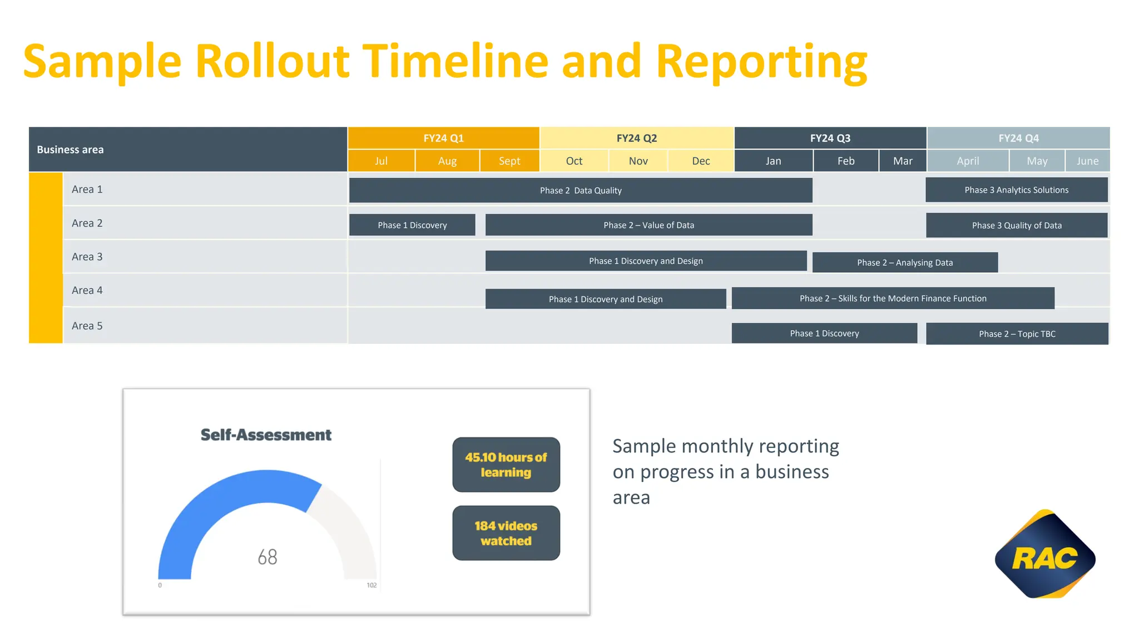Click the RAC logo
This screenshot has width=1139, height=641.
click(x=1044, y=555)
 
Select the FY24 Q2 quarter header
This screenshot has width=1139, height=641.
click(x=636, y=138)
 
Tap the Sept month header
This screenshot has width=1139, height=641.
click(x=509, y=161)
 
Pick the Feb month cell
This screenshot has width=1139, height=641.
click(x=845, y=161)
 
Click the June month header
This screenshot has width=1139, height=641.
click(x=1087, y=161)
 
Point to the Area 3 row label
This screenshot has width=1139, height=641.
click(x=87, y=257)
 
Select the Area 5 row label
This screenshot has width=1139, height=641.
click(x=87, y=326)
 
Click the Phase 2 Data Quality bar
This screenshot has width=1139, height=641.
click(x=580, y=190)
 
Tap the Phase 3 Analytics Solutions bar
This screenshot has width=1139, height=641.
click(x=1016, y=190)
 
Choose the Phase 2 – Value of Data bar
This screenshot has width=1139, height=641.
click(x=648, y=225)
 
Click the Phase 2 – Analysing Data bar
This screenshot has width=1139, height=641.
click(x=904, y=262)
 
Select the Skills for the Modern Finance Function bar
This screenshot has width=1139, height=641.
click(x=893, y=298)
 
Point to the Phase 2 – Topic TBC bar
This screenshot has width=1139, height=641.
click(x=1017, y=333)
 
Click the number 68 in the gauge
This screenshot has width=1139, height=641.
click(x=267, y=556)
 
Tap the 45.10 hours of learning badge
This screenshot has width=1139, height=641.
click(x=506, y=465)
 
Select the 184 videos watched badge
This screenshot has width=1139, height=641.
click(x=506, y=533)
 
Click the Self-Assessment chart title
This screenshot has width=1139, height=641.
click(x=266, y=435)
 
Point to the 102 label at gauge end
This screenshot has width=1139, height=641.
click(x=372, y=585)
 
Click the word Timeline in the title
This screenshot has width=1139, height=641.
click(x=455, y=61)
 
